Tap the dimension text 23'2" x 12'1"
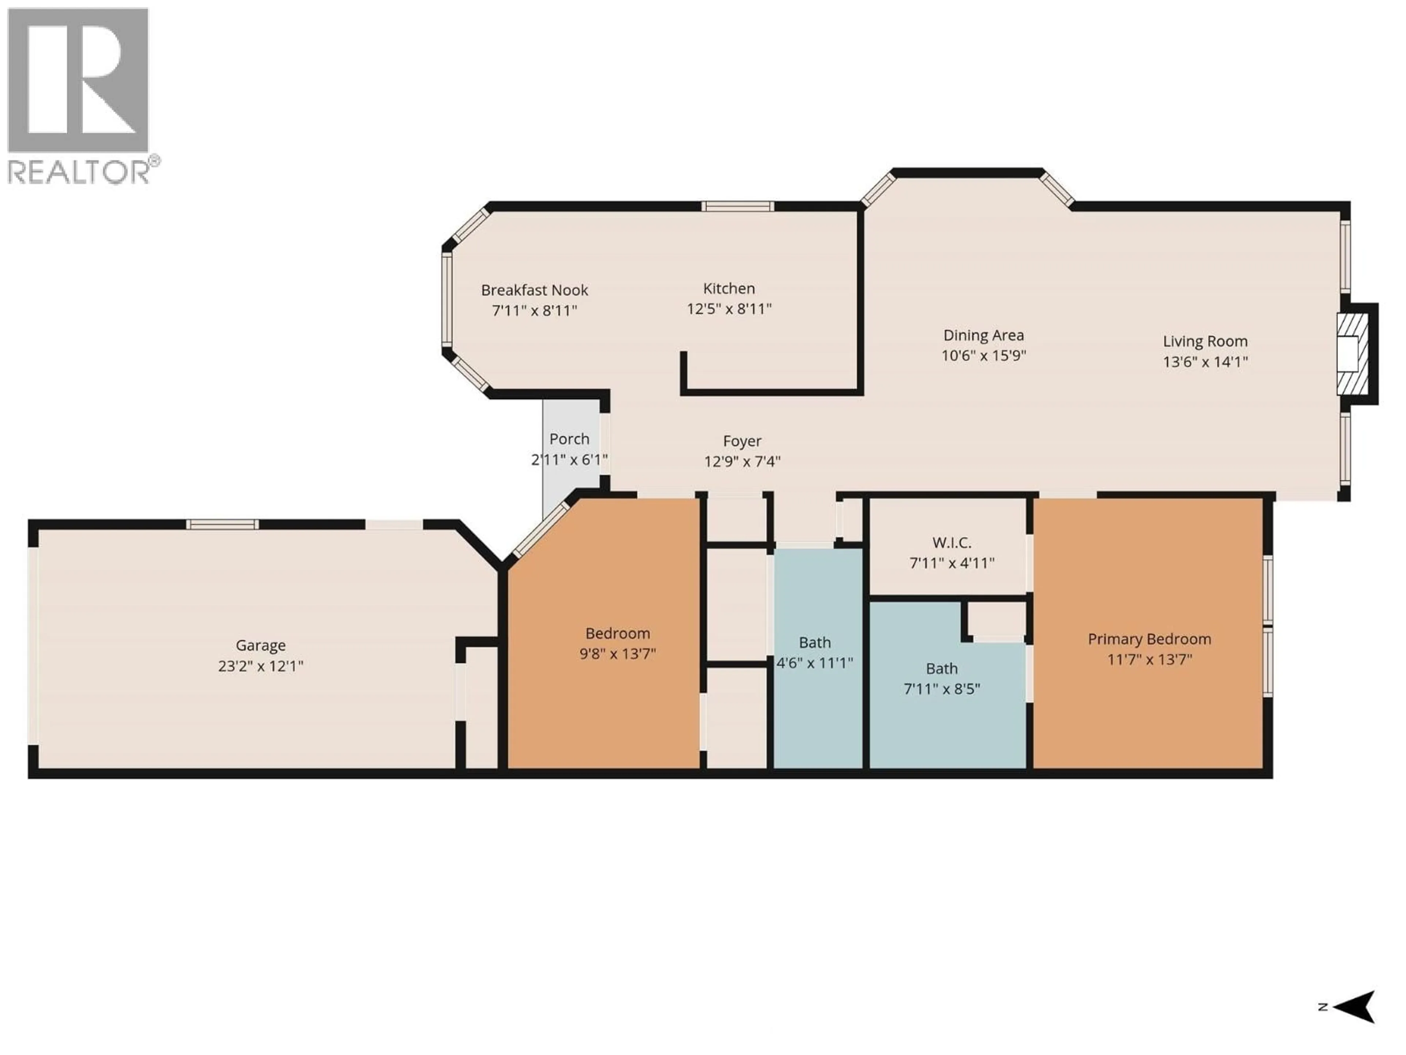click(x=261, y=666)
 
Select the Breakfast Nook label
click(x=535, y=290)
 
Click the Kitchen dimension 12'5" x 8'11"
click(x=729, y=309)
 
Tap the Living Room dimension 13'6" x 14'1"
click(x=1205, y=362)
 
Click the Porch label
click(x=569, y=439)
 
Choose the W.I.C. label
click(x=952, y=543)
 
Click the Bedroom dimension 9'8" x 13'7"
click(x=617, y=654)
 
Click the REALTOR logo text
click(x=79, y=172)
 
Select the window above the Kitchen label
click(x=737, y=206)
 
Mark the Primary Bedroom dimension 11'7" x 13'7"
click(x=1149, y=659)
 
